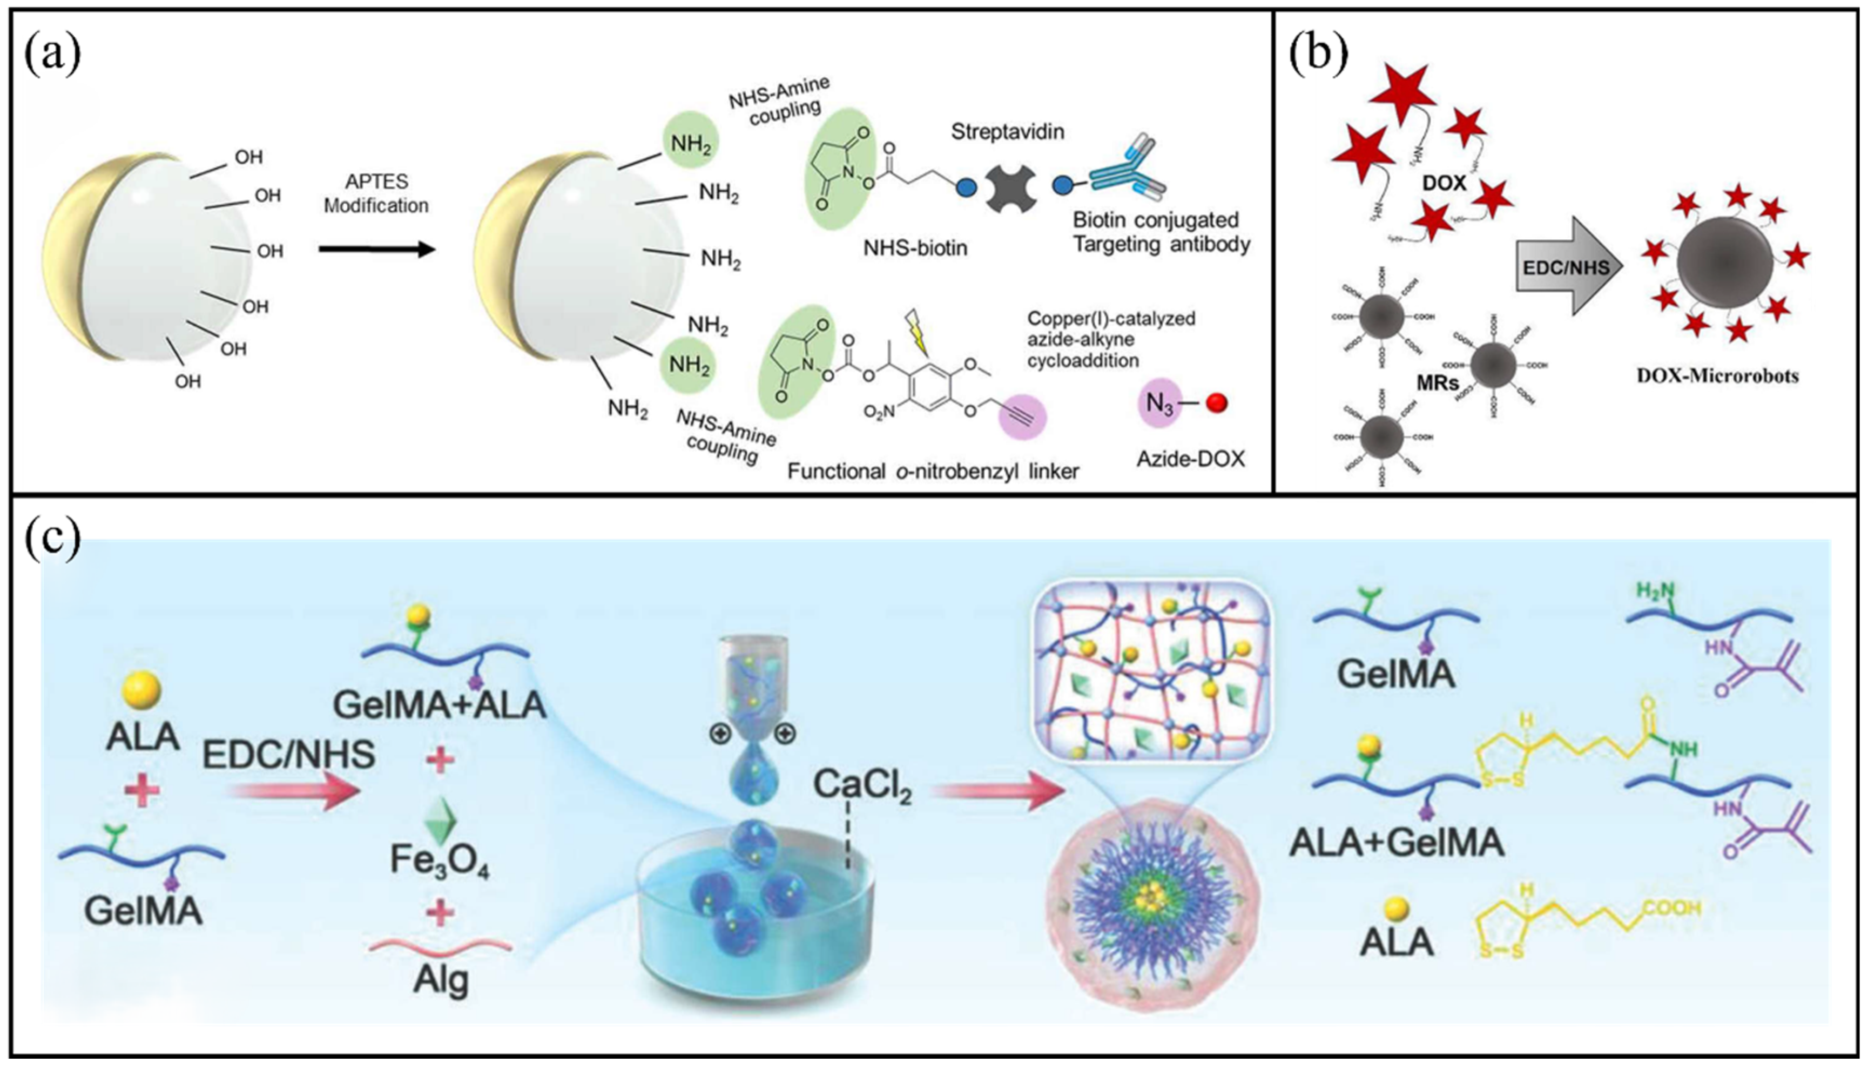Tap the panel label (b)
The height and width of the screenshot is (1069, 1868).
[x=1318, y=56]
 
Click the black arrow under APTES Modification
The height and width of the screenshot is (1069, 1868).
[x=376, y=250]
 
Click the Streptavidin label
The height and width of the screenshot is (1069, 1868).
[x=1007, y=132]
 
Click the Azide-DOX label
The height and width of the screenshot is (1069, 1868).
[x=1191, y=459]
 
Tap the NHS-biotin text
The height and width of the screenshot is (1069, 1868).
[x=914, y=248]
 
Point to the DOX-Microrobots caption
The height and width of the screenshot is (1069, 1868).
[x=1717, y=376]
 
